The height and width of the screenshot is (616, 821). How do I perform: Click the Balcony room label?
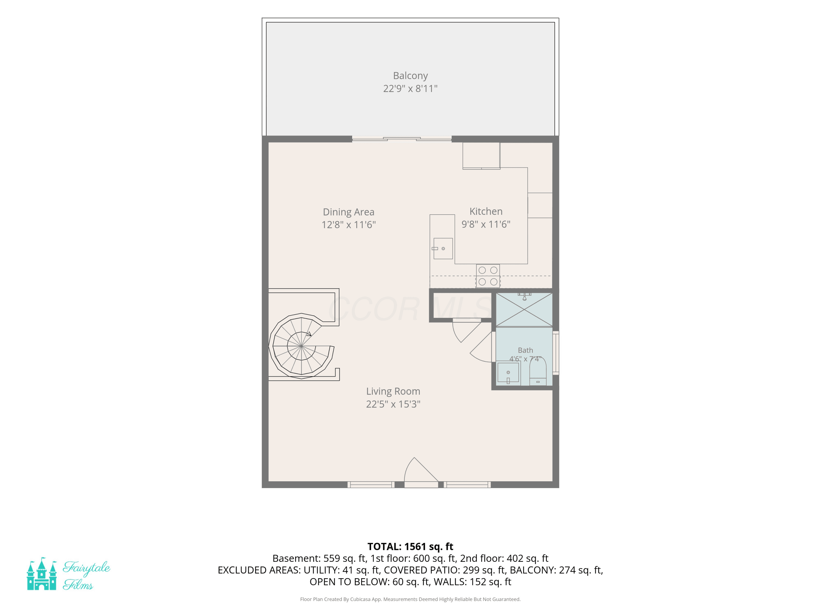(410, 76)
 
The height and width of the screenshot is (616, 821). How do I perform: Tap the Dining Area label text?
(349, 212)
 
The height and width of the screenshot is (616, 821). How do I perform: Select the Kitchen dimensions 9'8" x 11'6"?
(486, 224)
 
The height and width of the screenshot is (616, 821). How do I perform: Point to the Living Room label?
(393, 391)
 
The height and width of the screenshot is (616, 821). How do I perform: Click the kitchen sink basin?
(443, 248)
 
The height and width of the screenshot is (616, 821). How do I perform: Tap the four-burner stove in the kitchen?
(488, 276)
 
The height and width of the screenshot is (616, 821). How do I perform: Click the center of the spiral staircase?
(301, 346)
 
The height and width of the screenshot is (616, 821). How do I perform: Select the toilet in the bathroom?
(537, 371)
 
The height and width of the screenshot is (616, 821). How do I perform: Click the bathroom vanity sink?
(508, 372)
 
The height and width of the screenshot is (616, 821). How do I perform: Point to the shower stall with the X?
(524, 310)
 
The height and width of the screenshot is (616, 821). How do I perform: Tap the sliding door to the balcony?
(401, 139)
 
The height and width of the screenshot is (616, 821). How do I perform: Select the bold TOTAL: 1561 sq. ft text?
(410, 546)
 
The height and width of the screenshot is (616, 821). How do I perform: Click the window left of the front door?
(371, 485)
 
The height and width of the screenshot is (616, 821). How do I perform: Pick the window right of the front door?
(467, 485)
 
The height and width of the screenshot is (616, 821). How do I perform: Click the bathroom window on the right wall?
(556, 353)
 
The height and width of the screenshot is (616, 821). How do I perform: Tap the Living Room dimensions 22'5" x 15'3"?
(393, 404)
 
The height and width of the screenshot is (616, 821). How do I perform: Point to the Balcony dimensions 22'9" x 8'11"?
(410, 88)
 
